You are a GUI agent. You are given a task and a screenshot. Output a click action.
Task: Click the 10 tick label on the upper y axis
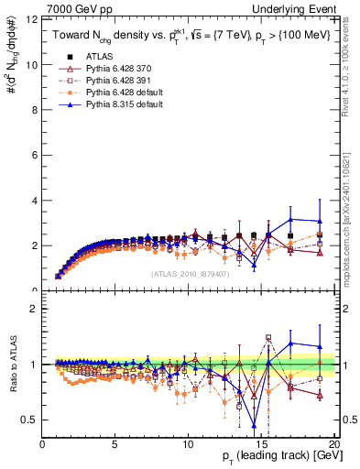(x=32, y=65)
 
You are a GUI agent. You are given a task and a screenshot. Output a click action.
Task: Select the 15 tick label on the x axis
(x=261, y=444)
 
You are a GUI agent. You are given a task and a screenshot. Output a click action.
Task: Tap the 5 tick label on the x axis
(x=115, y=444)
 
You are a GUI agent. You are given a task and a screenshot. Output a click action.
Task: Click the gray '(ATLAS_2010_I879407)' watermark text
(x=189, y=273)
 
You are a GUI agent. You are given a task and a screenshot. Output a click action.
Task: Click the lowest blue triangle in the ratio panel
(x=254, y=425)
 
